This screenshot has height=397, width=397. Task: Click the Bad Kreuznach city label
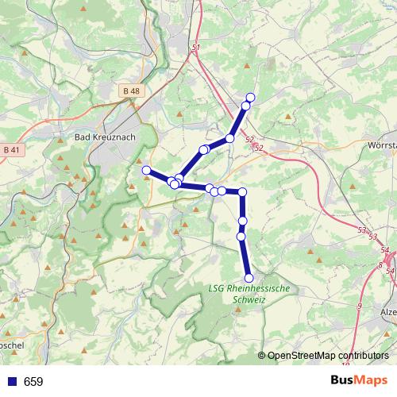point(104,137)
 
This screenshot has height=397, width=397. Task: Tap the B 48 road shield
point(133,91)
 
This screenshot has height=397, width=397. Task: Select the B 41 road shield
point(11,149)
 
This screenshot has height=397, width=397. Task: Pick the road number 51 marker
point(195,48)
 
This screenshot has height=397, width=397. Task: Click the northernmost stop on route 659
point(250,97)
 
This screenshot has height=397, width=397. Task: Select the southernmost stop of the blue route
point(249,278)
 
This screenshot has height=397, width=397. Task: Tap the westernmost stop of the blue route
point(146,170)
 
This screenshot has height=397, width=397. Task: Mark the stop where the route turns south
point(243,192)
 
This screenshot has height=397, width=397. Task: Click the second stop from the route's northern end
point(246,106)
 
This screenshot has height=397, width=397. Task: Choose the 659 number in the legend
point(33,382)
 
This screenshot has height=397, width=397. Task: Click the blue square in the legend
point(10,382)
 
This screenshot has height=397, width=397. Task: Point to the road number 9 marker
point(359,305)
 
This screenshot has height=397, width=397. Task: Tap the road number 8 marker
point(380,265)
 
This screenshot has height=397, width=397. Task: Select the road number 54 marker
point(389,272)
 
